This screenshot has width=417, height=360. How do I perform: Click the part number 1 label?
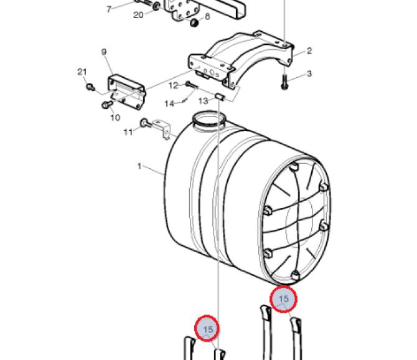tap(139, 166)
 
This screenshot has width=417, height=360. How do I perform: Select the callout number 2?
tap(309, 50)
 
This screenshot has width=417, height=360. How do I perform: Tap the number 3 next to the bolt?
tap(309, 73)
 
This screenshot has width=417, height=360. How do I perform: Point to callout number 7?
tap(109, 9)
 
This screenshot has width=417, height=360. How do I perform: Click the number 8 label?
tap(207, 16)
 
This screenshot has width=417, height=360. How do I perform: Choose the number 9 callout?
tap(104, 52)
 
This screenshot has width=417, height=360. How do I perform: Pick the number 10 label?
tap(115, 117)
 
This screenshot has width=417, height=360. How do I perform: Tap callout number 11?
tap(128, 132)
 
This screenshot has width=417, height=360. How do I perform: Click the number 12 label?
tap(174, 86)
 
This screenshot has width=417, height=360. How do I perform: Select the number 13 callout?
tap(204, 101)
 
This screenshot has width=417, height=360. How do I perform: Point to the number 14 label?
tap(169, 103)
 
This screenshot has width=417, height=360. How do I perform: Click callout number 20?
tap(138, 15)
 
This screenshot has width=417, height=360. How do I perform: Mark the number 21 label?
tap(82, 72)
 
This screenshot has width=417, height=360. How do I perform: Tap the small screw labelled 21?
tap(90, 87)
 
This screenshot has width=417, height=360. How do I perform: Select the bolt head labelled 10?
tap(106, 105)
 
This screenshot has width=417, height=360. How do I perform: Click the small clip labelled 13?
tap(220, 97)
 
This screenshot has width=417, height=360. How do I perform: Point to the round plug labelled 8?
tap(194, 22)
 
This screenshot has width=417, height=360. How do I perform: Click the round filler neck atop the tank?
tap(208, 119)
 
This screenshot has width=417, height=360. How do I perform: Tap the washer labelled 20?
tap(156, 6)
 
